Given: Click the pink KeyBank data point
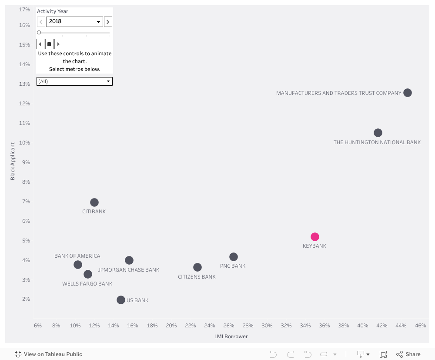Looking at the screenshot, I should (x=315, y=237).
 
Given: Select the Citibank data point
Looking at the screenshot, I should (x=94, y=202).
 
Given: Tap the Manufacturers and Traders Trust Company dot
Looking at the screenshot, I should (x=408, y=93).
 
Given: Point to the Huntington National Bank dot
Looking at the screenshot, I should (x=378, y=133).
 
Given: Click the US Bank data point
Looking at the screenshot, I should (x=121, y=300).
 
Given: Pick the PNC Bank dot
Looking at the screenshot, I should (x=234, y=257).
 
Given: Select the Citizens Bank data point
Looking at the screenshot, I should (x=197, y=267).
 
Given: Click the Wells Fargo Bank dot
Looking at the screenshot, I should (x=88, y=274).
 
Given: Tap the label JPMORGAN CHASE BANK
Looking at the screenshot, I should (x=129, y=270).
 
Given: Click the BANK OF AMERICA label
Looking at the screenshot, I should (x=77, y=256).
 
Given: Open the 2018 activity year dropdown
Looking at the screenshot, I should (x=74, y=22).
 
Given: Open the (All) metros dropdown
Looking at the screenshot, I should (x=74, y=81).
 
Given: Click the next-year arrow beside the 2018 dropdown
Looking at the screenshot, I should (x=108, y=22).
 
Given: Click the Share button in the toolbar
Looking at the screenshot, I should (x=408, y=354).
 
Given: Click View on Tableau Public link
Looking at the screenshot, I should (x=48, y=354).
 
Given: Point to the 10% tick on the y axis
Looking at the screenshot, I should (x=24, y=143).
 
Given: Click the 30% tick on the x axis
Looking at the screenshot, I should (x=267, y=326).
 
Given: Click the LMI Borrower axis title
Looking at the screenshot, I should (x=231, y=336).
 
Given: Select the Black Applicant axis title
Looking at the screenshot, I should (x=13, y=161).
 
